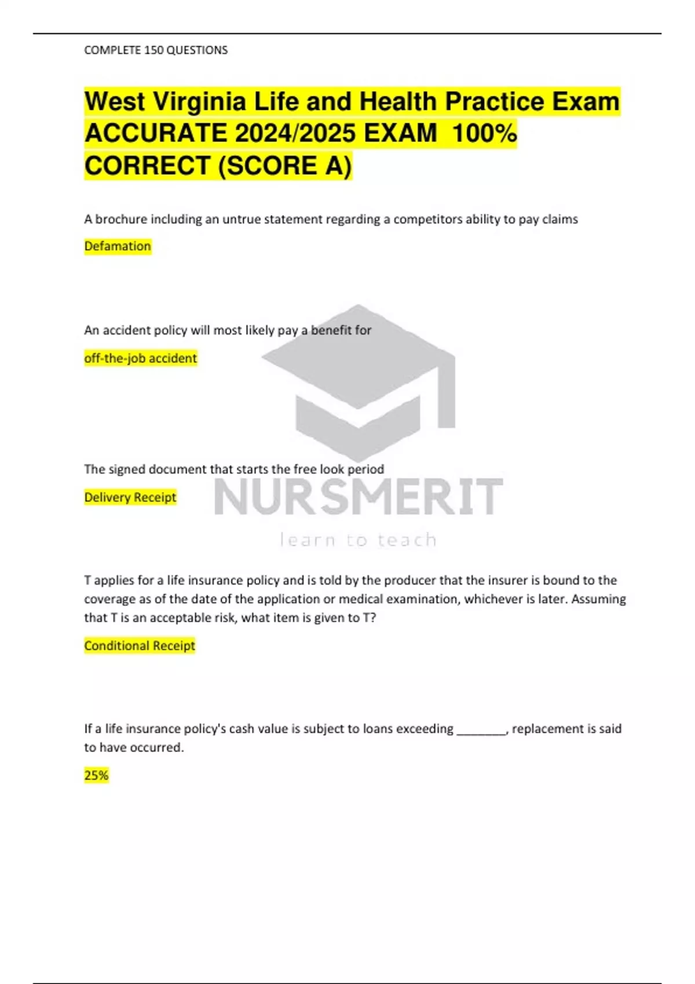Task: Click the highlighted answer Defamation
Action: pos(118,246)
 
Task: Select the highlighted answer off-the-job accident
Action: pos(140,358)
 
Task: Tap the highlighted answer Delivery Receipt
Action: pos(130,497)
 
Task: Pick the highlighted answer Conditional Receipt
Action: pos(140,645)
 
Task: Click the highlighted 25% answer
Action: pos(96,775)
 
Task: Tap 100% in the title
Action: pos(484,134)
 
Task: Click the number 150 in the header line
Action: pos(154,50)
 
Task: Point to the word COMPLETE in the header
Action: pos(112,50)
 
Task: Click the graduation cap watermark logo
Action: pos(359,382)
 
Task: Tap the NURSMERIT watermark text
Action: pos(359,497)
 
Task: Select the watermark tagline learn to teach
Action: pos(359,540)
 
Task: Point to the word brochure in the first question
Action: pos(121,219)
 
